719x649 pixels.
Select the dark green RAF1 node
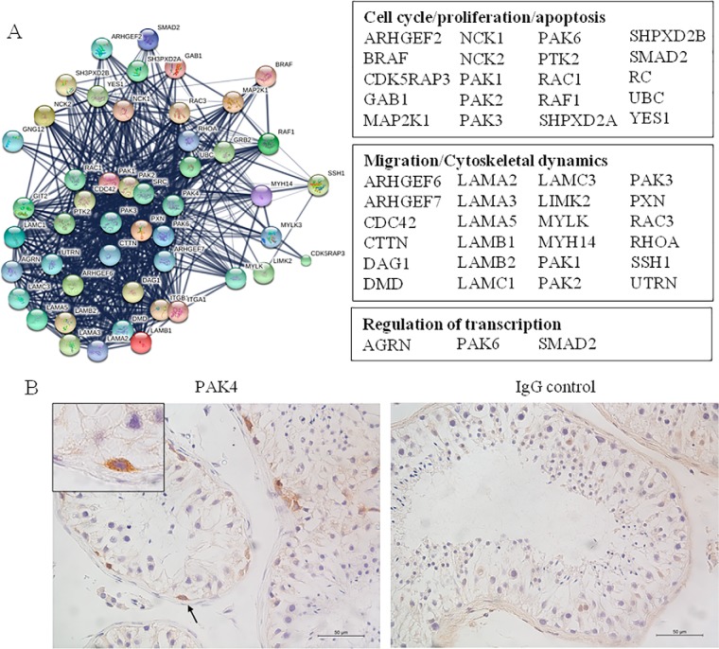point(269,144)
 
